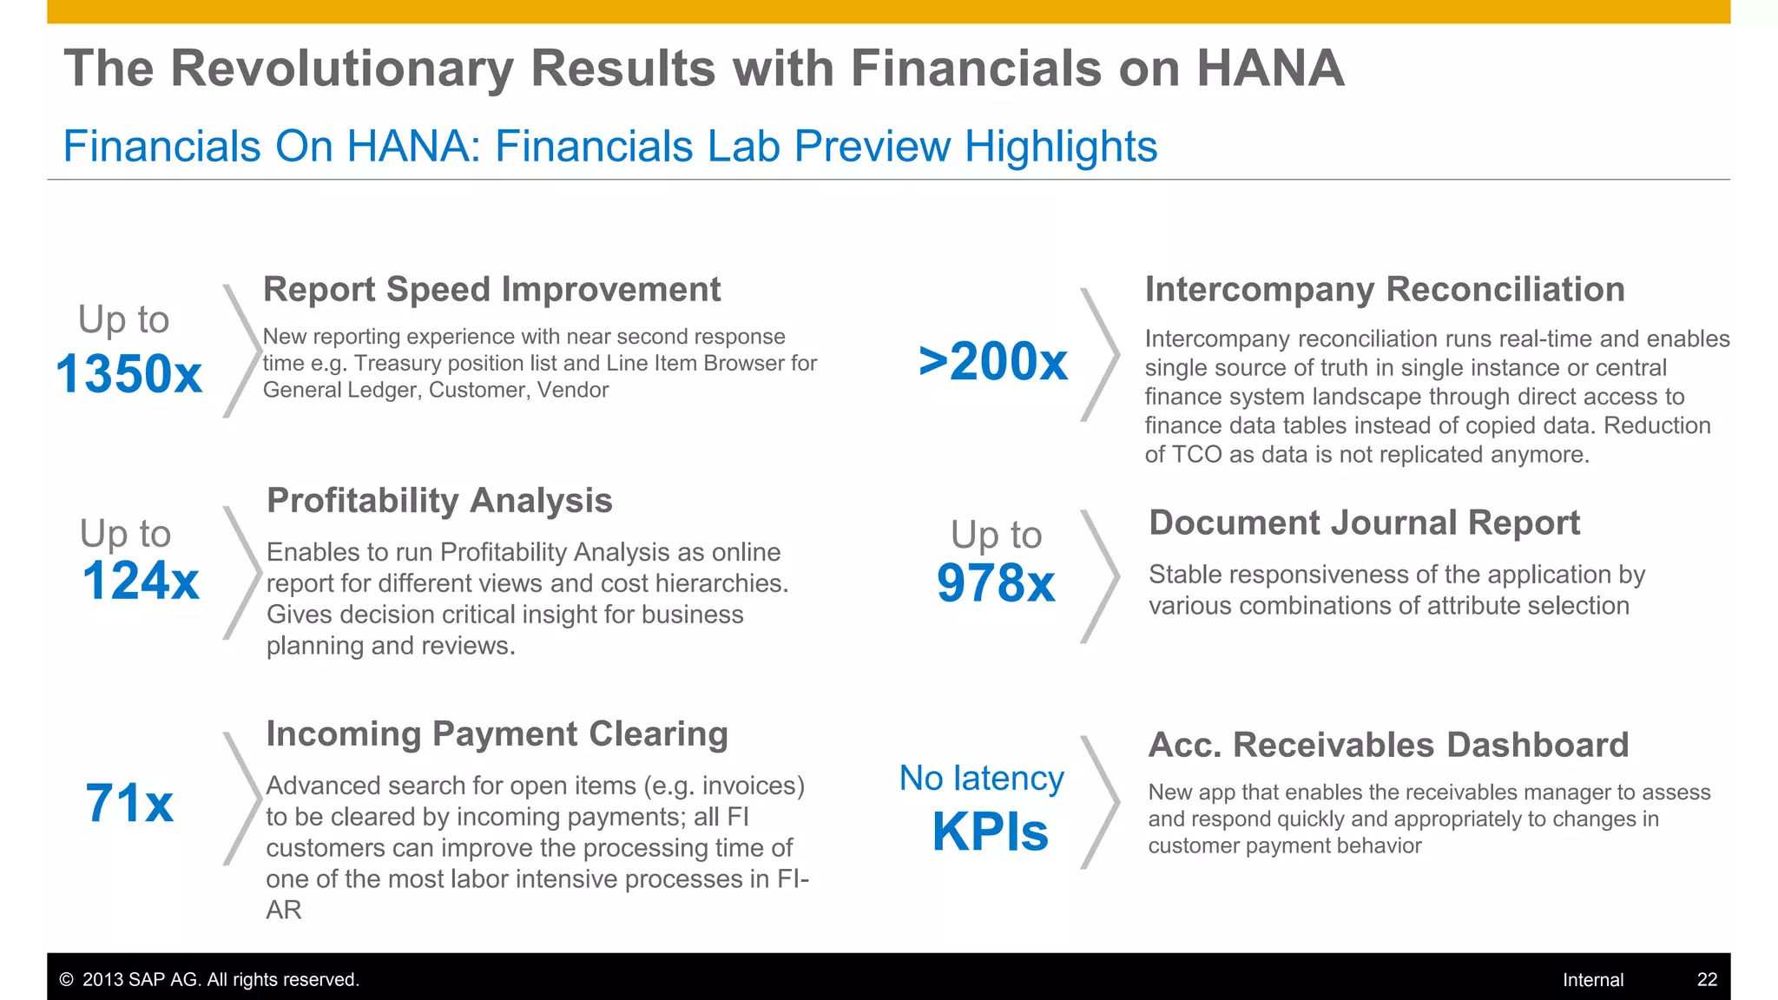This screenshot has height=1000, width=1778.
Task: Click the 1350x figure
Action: click(x=128, y=374)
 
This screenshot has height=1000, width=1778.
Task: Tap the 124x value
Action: click(x=141, y=580)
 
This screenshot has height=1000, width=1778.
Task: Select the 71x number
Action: click(x=129, y=803)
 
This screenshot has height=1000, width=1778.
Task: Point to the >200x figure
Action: click(x=993, y=361)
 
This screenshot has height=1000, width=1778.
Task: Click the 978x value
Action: click(x=996, y=582)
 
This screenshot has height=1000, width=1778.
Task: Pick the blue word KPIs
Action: click(x=990, y=832)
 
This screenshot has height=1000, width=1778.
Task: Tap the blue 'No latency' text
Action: click(x=981, y=778)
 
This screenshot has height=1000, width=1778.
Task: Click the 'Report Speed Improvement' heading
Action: click(x=491, y=289)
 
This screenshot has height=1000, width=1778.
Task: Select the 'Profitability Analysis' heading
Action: click(x=439, y=500)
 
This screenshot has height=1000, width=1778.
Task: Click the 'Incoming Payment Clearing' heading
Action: click(x=497, y=734)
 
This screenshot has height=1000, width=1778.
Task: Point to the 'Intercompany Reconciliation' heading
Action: click(x=1385, y=289)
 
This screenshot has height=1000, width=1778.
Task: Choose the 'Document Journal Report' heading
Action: click(x=1364, y=523)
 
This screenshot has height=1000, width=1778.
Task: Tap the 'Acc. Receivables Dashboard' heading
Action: click(x=1388, y=745)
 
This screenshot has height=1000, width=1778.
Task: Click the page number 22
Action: click(x=1707, y=979)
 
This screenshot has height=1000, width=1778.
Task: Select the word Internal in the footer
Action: click(x=1593, y=980)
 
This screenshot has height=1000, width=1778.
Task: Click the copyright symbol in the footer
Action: click(x=66, y=980)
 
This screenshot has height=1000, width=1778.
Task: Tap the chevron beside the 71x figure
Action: click(x=243, y=799)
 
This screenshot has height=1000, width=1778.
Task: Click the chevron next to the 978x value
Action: click(x=1101, y=576)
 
